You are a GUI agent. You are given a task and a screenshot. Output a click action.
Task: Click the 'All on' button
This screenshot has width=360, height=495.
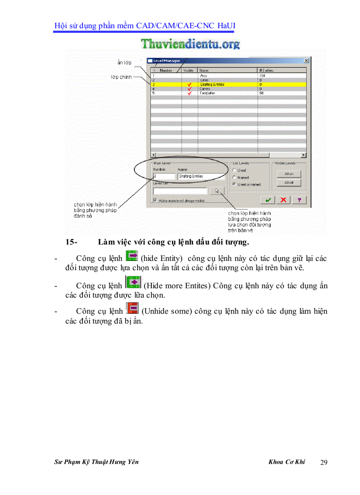pyautogui.click(x=289, y=174)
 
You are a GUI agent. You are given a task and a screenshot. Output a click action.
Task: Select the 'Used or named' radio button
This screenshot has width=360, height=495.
pyautogui.click(x=234, y=184)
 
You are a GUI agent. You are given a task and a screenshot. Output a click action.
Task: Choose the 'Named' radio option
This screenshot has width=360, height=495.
pyautogui.click(x=234, y=177)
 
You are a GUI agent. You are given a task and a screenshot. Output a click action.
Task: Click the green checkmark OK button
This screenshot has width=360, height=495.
pyautogui.click(x=267, y=200)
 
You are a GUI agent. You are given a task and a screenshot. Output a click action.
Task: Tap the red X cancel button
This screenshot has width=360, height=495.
pyautogui.click(x=283, y=200)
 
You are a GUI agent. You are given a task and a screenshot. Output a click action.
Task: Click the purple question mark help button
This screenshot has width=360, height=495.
pyautogui.click(x=299, y=200)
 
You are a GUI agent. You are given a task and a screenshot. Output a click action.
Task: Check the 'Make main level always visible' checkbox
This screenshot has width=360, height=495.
pyautogui.click(x=155, y=200)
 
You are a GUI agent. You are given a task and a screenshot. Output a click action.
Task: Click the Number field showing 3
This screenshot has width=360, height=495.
pyautogui.click(x=163, y=176)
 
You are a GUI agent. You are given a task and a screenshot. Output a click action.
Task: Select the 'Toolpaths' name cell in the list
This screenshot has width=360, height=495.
pyautogui.click(x=207, y=93)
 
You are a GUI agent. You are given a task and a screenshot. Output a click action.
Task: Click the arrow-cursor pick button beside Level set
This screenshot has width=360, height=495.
pyautogui.click(x=217, y=191)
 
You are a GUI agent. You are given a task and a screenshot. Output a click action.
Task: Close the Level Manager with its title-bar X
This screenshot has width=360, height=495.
pyautogui.click(x=306, y=61)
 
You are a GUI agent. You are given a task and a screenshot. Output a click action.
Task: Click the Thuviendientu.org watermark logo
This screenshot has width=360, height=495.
pyautogui.click(x=191, y=44)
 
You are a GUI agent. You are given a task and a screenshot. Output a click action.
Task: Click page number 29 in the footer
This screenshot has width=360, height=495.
pyautogui.click(x=323, y=462)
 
